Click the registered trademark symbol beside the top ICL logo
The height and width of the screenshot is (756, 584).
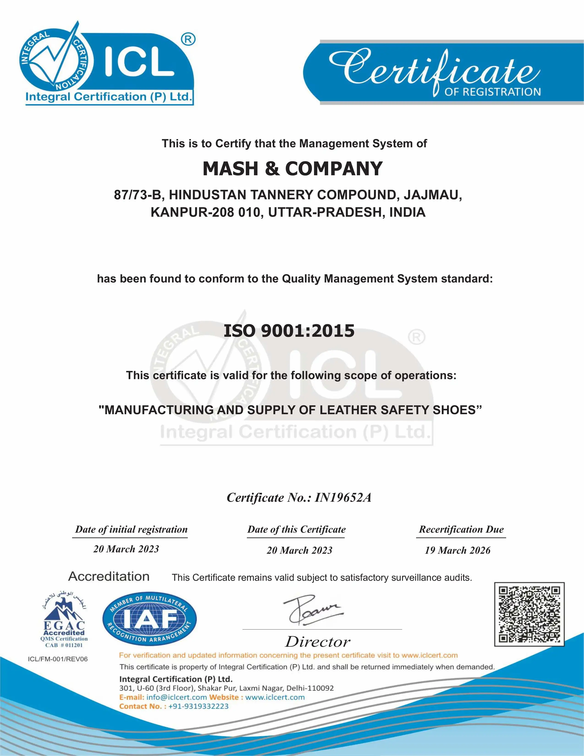[188, 39]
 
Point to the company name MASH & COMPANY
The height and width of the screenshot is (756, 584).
[292, 169]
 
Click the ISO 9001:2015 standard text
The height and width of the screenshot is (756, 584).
[289, 331]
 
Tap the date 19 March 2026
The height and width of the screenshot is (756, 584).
[457, 550]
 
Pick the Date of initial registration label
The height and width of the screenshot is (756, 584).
[131, 529]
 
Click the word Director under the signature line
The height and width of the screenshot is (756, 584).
[318, 642]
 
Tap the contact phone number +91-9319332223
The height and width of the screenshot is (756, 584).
[198, 706]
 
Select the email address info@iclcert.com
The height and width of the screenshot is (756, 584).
[176, 697]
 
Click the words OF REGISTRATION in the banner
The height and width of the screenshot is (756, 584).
[492, 92]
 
